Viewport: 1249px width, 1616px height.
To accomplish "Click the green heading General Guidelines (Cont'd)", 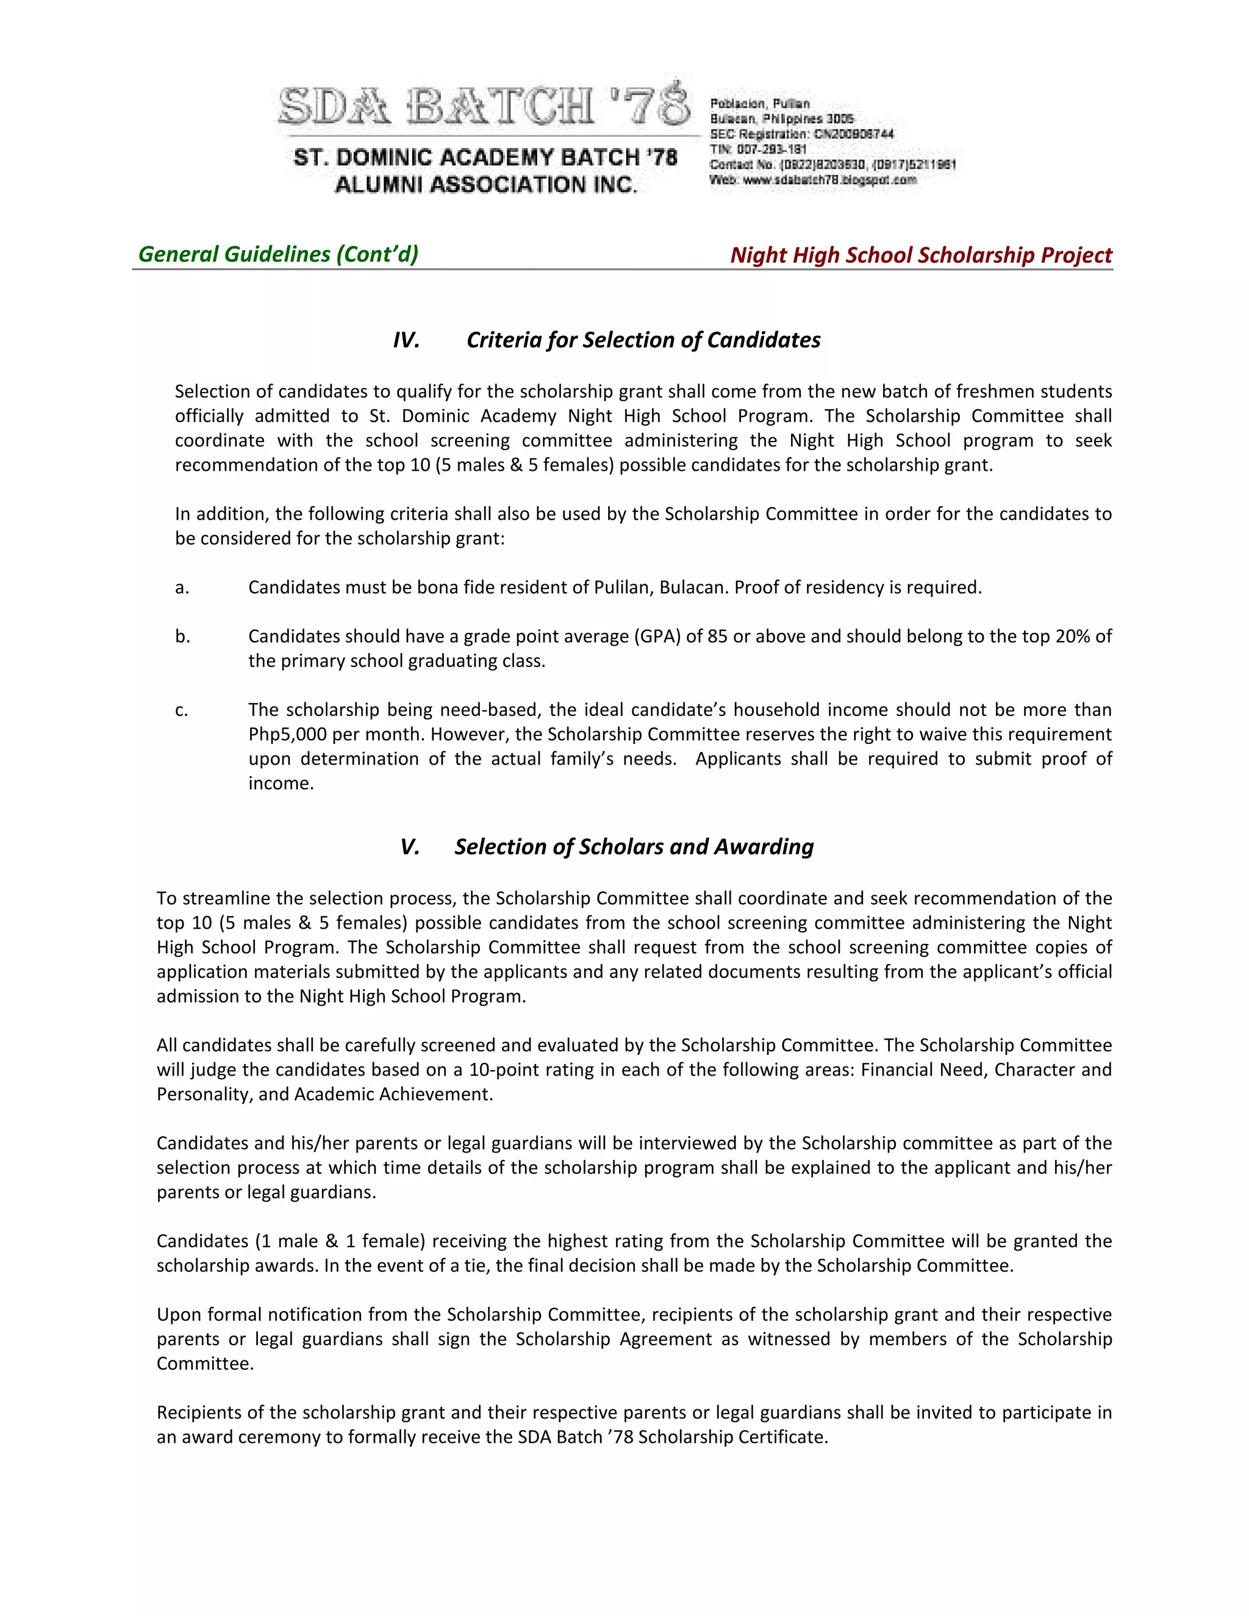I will (x=278, y=254).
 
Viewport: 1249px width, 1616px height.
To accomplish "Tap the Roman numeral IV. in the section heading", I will (x=406, y=340).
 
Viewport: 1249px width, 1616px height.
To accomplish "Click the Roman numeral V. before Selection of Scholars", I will (x=410, y=846).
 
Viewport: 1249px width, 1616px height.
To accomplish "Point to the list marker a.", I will (x=182, y=587).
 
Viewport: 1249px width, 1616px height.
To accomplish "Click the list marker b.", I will (x=183, y=636).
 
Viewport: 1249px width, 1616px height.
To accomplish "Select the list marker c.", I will (x=182, y=710).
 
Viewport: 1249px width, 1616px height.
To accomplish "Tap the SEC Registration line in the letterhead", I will (x=801, y=134).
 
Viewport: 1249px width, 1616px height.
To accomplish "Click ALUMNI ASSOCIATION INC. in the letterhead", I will (x=485, y=184).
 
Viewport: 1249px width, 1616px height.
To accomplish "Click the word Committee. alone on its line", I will (x=205, y=1364).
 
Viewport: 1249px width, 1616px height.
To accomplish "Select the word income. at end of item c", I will (x=281, y=784).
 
